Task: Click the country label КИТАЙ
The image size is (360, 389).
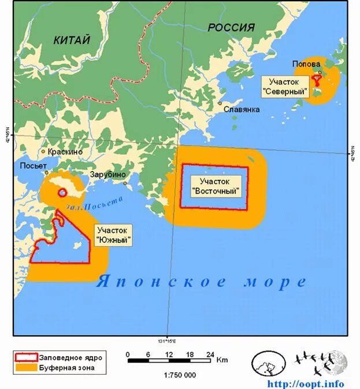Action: [x=72, y=40]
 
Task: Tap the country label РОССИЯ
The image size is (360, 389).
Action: [x=231, y=28]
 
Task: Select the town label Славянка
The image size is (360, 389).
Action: [x=242, y=109]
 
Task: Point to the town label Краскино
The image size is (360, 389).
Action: [x=65, y=151]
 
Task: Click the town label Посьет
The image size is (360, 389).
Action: [x=33, y=166]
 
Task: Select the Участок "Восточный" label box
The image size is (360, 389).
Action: [x=215, y=186]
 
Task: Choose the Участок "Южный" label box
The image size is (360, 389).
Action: [x=114, y=235]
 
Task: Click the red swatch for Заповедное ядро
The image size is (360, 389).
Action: [x=25, y=357]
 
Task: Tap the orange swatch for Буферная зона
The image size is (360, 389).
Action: [x=25, y=367]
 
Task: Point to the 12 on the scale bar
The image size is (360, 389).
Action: [x=170, y=354]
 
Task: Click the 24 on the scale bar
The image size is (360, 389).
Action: [x=211, y=354]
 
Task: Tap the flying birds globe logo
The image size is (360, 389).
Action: [x=321, y=363]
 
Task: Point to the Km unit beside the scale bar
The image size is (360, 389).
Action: [x=222, y=360]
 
